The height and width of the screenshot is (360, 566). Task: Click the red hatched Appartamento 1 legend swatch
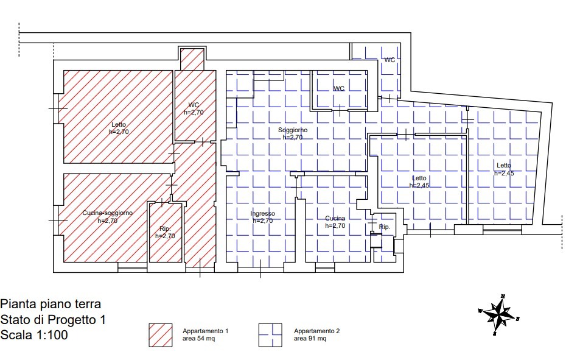tap(161, 335)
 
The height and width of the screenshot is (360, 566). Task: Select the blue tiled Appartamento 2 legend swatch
tap(270, 335)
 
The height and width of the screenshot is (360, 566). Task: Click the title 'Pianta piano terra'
tap(51, 304)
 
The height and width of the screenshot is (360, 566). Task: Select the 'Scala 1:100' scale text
tap(34, 335)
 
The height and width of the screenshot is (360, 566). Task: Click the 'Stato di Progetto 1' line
tap(53, 320)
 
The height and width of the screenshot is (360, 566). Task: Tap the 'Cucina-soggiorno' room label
tap(107, 213)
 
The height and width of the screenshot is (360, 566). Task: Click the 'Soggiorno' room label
tap(293, 130)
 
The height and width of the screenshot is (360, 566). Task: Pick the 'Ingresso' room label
tap(262, 214)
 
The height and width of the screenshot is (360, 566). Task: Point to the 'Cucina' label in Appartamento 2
tap(335, 218)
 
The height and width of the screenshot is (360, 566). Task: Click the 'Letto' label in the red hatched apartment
tap(119, 125)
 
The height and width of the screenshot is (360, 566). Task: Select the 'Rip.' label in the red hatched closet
tap(165, 229)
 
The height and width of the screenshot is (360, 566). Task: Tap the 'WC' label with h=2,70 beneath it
tap(194, 105)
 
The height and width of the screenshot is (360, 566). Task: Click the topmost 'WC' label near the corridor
tap(390, 60)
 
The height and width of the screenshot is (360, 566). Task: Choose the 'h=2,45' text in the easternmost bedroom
tap(504, 173)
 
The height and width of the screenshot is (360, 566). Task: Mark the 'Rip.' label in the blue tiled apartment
tap(385, 227)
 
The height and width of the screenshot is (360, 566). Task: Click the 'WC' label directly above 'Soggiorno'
tap(338, 88)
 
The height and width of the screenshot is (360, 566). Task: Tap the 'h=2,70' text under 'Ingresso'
tap(262, 221)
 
